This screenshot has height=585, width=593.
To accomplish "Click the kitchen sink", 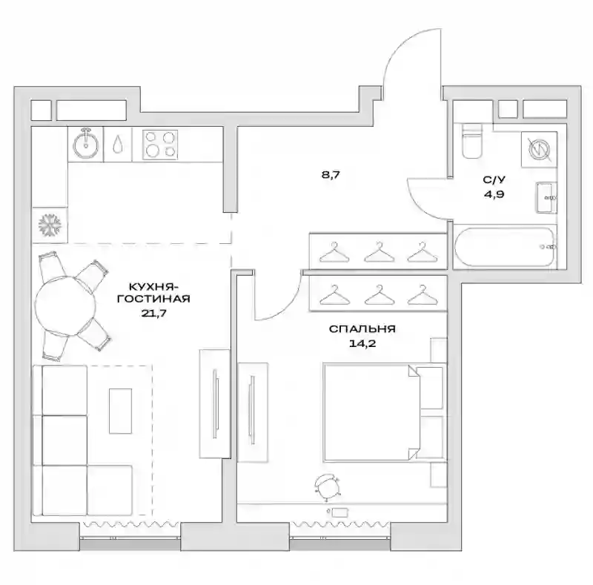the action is pos(86,144).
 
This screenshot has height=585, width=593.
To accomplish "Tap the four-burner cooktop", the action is pos(160,143).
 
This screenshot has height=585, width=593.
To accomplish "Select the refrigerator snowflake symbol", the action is pos(50,225).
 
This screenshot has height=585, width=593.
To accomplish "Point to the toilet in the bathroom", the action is pos(472,141).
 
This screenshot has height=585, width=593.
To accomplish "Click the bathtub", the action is pos(506,247).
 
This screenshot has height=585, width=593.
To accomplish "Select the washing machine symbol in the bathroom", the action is pos(539,150).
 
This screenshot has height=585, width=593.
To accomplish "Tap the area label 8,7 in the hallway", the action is pos(331,175).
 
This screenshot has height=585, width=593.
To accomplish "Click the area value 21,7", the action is pos(154,313).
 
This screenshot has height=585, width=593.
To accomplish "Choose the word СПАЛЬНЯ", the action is pos(362,328).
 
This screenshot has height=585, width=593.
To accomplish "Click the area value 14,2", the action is pos(362,343).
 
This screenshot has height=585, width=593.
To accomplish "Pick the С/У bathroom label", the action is pos(494,179).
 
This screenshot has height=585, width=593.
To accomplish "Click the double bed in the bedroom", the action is pos(383,412).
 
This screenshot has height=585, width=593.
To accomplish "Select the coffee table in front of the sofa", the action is pos(121,411).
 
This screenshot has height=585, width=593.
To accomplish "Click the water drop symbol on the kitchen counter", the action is pos(118,144).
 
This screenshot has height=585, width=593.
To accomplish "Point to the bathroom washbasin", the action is pos(546,197).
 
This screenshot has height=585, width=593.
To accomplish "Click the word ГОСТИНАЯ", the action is pos(153,299).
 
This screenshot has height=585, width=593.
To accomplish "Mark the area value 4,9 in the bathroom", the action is pos(494,194).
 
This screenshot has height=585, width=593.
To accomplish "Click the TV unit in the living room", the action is pos(215,404).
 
